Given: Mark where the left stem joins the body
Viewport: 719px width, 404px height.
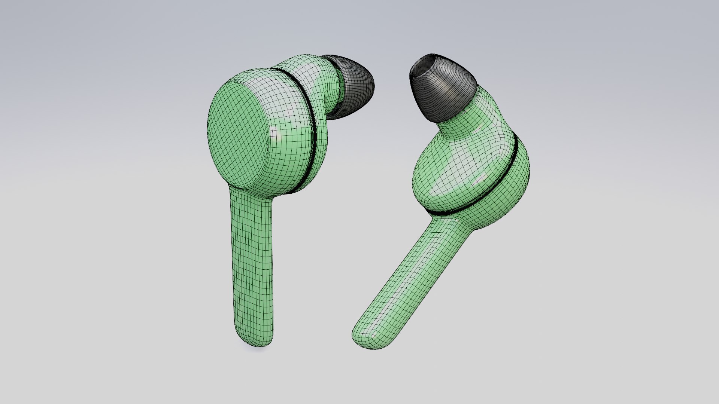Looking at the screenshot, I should tap(251, 196).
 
